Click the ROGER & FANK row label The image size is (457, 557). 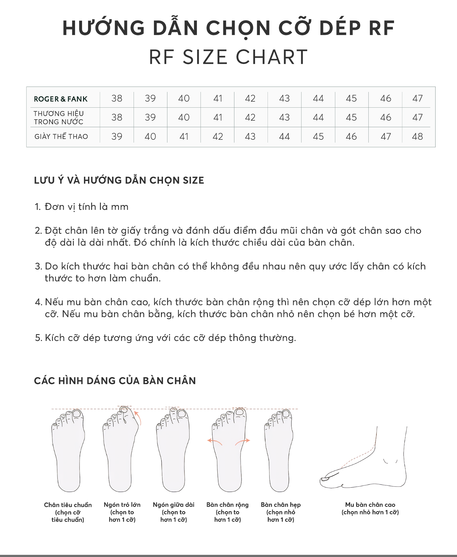[x=61, y=99]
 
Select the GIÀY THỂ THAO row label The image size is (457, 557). [x=61, y=136]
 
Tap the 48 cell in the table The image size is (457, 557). [x=417, y=136]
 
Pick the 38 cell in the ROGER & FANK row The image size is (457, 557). [x=117, y=98]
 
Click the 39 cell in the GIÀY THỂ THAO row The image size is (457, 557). [x=117, y=136]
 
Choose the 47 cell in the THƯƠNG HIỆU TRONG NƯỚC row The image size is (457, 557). [x=417, y=117]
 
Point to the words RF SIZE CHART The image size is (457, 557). [x=228, y=57]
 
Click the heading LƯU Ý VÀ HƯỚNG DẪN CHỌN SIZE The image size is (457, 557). [x=119, y=180]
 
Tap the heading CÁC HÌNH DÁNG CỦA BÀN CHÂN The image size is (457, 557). [x=115, y=380]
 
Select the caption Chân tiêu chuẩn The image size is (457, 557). [x=68, y=505]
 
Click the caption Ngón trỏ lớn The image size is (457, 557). [x=122, y=505]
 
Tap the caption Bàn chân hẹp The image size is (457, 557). [x=281, y=505]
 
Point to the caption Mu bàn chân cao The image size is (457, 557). [x=370, y=505]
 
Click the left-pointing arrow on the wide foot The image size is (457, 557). [x=214, y=441]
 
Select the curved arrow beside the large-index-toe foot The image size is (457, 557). [x=138, y=418]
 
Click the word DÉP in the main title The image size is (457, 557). [x=340, y=28]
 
